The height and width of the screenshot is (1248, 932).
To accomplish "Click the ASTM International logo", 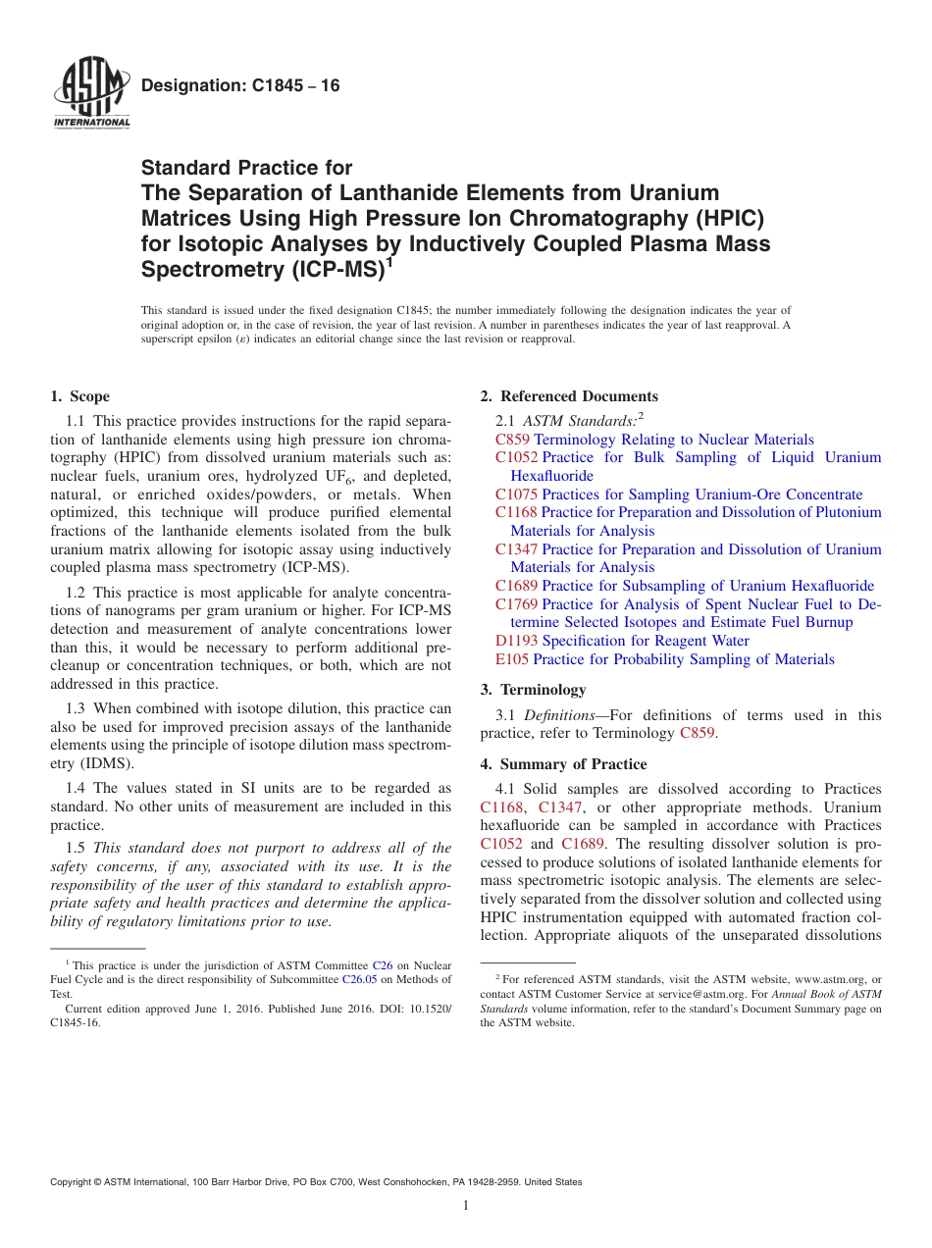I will click(x=91, y=93).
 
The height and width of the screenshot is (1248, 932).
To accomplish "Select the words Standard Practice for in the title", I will click(x=246, y=168).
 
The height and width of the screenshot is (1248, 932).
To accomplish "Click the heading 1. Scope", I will click(x=79, y=396).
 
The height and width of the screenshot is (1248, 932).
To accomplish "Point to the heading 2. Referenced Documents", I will click(x=569, y=396).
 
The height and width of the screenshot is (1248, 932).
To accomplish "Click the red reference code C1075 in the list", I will click(x=516, y=494).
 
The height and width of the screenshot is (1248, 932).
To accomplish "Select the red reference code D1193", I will click(x=516, y=641).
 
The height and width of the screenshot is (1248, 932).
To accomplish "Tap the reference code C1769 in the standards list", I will click(x=516, y=604).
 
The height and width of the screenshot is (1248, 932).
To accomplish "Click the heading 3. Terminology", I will click(x=533, y=690).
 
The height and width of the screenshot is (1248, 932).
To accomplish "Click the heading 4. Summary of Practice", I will click(x=563, y=764).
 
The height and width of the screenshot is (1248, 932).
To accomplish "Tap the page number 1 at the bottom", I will click(x=466, y=1206).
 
